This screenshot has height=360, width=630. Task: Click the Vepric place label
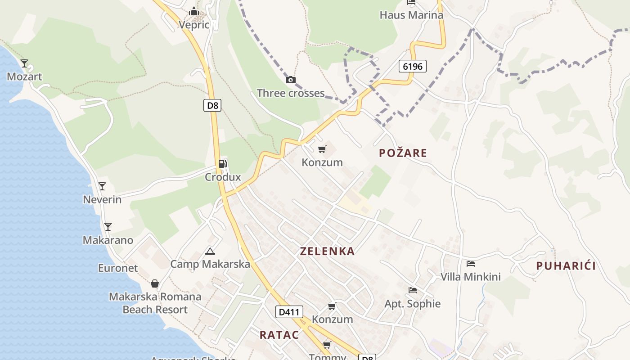point(194,24)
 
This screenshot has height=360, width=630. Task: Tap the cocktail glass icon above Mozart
point(24,63)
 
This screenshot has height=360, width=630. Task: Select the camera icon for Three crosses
point(291,80)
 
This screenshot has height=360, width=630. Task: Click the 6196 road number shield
point(412,67)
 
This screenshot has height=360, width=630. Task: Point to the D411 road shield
point(289,312)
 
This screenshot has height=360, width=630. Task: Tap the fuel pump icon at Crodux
point(222,164)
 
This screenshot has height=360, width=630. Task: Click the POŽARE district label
point(403,153)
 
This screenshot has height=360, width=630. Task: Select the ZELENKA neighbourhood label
point(327,251)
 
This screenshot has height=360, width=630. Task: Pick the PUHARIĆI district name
point(566,266)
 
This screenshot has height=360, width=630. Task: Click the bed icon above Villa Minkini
point(471,264)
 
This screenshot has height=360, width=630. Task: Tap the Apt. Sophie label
point(412,303)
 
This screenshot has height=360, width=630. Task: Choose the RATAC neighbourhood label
point(279,335)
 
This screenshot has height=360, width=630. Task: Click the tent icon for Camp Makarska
point(210,251)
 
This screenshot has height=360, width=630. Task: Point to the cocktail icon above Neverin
point(102,186)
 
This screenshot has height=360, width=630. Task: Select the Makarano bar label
point(108,240)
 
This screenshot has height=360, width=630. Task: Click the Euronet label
point(118,268)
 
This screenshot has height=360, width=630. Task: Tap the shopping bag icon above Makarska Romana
point(155,283)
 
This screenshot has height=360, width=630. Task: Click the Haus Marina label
point(411,15)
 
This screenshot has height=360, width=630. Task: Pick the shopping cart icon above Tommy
point(327,345)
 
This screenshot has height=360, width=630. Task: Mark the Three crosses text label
point(291,93)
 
